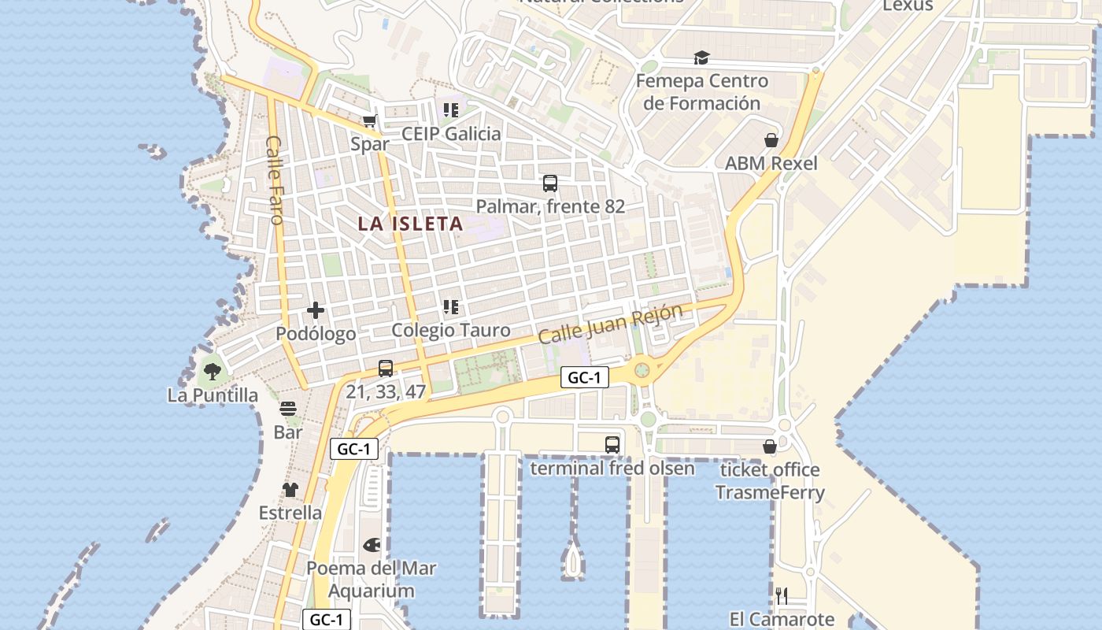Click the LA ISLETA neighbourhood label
(x=410, y=224)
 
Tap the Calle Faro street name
(x=275, y=180)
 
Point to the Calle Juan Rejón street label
(x=610, y=324)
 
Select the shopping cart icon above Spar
(x=370, y=121)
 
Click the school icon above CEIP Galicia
(x=450, y=110)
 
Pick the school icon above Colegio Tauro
(x=450, y=307)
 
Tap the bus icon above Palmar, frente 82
(x=550, y=183)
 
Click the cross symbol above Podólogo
(x=316, y=310)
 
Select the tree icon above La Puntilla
(x=212, y=371)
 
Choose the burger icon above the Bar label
(x=288, y=409)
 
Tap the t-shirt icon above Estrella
(x=290, y=490)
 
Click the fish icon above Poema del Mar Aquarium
(x=372, y=545)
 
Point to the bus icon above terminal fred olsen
(x=612, y=445)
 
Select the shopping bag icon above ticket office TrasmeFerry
(x=770, y=447)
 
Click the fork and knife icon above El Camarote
(x=782, y=595)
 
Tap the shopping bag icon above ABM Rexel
(x=771, y=140)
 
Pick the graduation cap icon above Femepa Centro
(x=701, y=57)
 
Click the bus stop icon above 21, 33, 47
(x=386, y=368)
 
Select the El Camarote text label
(x=782, y=619)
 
